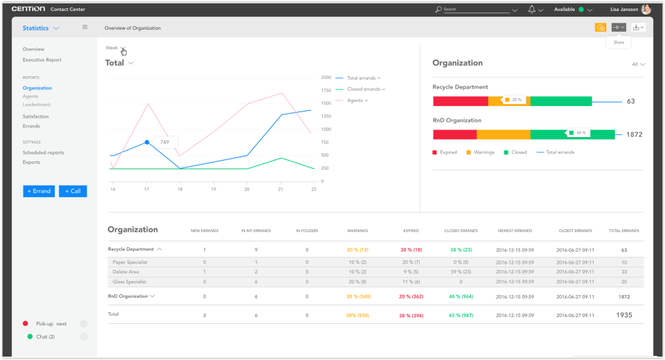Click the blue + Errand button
click(39, 191)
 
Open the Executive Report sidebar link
click(42, 60)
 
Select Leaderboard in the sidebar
click(36, 105)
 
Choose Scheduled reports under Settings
click(43, 152)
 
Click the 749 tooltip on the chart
click(165, 142)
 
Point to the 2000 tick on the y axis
click(326, 78)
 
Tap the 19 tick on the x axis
click(213, 188)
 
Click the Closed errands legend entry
click(364, 89)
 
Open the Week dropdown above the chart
click(115, 48)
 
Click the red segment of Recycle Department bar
click(460, 101)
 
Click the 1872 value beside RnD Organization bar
click(634, 134)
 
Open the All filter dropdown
click(637, 64)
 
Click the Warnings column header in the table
click(357, 231)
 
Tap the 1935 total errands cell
click(624, 315)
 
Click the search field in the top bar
click(475, 10)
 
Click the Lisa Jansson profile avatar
click(646, 10)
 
